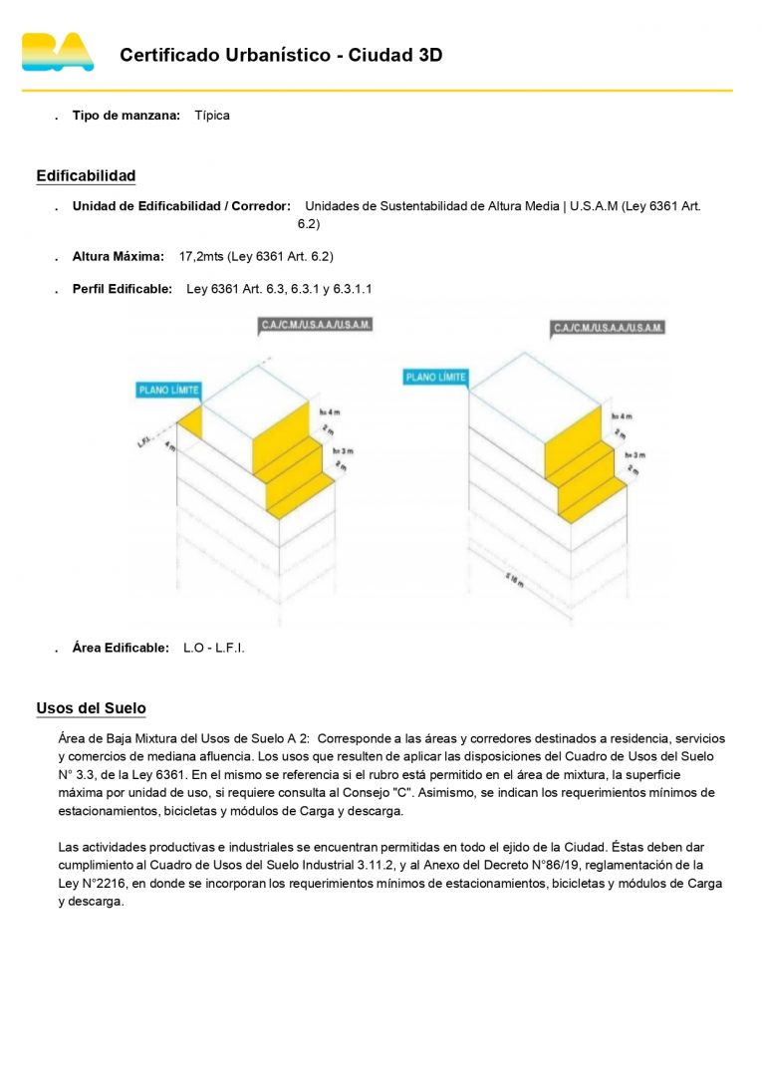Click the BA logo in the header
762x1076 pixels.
point(58,53)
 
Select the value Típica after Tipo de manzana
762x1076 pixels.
point(212,116)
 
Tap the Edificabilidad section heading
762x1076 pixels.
point(86,176)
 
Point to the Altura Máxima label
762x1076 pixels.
point(118,257)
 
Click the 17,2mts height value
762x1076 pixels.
point(202,257)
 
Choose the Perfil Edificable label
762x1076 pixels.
point(122,290)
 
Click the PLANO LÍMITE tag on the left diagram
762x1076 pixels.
point(168,391)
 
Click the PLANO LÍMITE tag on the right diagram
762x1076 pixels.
point(436,378)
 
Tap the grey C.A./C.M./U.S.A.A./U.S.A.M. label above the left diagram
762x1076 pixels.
point(315,325)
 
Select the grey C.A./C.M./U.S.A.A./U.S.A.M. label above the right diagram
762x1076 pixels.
point(608,328)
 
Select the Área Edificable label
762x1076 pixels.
point(121,649)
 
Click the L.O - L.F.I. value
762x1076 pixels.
point(214,649)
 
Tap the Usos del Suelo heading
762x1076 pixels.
point(91,708)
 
